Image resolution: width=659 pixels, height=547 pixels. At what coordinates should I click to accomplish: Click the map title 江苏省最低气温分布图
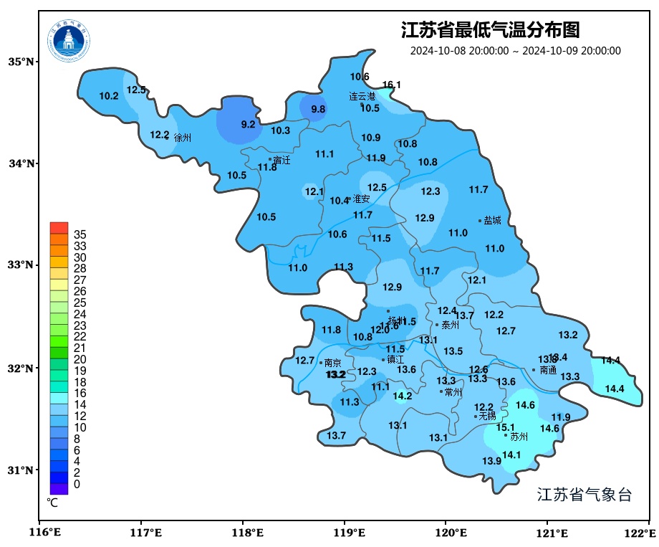pyautogui.click(x=490, y=30)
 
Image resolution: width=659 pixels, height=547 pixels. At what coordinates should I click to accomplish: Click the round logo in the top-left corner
pyautogui.click(x=69, y=39)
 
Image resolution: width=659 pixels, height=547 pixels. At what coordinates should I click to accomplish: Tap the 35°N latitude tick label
pyautogui.click(x=21, y=62)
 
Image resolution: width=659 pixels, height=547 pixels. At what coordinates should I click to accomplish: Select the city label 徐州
pyautogui.click(x=183, y=138)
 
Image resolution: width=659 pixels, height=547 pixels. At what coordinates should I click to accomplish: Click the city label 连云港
pyautogui.click(x=362, y=96)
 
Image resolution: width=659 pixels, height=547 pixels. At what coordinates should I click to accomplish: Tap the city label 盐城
pyautogui.click(x=492, y=221)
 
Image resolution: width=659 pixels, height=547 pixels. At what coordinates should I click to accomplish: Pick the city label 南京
pyautogui.click(x=332, y=363)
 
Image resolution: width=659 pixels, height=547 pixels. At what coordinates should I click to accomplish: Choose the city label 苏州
pyautogui.click(x=519, y=436)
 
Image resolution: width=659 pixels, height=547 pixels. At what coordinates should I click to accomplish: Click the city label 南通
pyautogui.click(x=548, y=370)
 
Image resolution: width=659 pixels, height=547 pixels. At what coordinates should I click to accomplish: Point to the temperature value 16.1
pyautogui.click(x=391, y=85)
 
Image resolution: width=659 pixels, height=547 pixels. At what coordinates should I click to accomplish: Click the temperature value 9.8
pyautogui.click(x=318, y=109)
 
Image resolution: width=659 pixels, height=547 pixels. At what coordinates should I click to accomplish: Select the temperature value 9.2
pyautogui.click(x=248, y=124)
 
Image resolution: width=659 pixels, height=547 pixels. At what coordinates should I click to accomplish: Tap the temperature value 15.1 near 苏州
pyautogui.click(x=505, y=427)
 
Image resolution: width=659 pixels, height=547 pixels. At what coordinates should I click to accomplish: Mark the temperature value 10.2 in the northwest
pyautogui.click(x=109, y=96)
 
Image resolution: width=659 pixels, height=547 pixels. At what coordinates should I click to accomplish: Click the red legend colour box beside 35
pyautogui.click(x=59, y=228)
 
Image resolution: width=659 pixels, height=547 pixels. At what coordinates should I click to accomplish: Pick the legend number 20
pyautogui.click(x=80, y=359)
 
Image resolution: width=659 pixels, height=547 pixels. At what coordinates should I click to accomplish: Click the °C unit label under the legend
pyautogui.click(x=52, y=503)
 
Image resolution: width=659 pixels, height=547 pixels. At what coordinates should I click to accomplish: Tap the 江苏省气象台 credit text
pyautogui.click(x=584, y=495)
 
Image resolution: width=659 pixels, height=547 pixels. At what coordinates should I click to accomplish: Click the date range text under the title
pyautogui.click(x=515, y=51)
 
